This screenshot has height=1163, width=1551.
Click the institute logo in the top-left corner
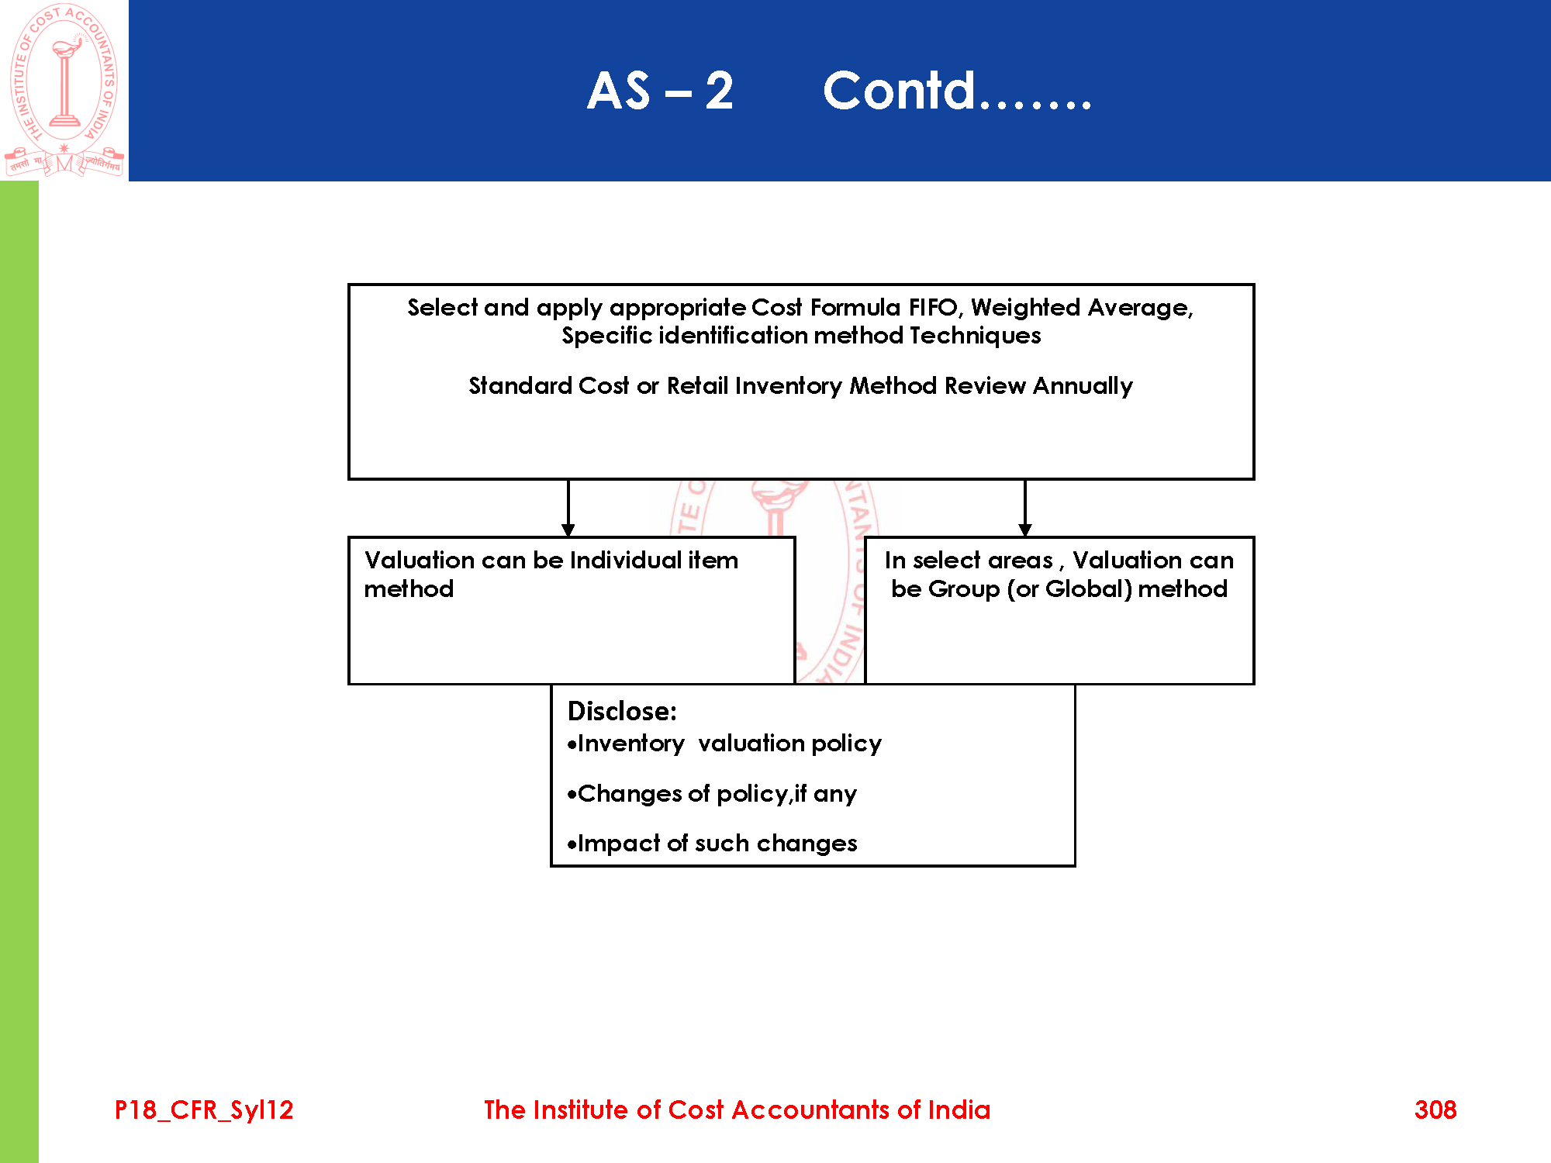[64, 90]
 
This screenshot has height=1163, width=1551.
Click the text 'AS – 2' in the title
[660, 91]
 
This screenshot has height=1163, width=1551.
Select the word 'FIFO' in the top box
[934, 308]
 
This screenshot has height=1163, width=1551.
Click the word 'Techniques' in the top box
[975, 336]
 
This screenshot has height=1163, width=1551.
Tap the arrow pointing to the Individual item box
[568, 509]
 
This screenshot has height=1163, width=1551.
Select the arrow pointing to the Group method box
[1025, 509]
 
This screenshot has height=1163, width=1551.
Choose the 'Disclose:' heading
[622, 711]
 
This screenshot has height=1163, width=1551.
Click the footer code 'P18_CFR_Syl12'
[204, 1110]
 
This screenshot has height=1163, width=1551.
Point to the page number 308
[1435, 1110]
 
